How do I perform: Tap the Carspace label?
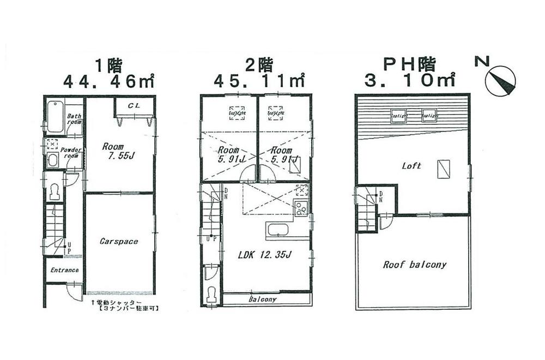[x=119, y=241]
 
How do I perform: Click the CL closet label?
[x=134, y=106]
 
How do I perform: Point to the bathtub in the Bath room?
[x=55, y=117]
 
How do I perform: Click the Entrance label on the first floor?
[x=64, y=270]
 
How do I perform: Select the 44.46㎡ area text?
[x=108, y=81]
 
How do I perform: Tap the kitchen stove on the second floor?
[x=301, y=208]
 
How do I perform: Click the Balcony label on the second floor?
[x=263, y=299]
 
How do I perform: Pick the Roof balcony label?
[x=414, y=265]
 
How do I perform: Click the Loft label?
[x=411, y=166]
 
